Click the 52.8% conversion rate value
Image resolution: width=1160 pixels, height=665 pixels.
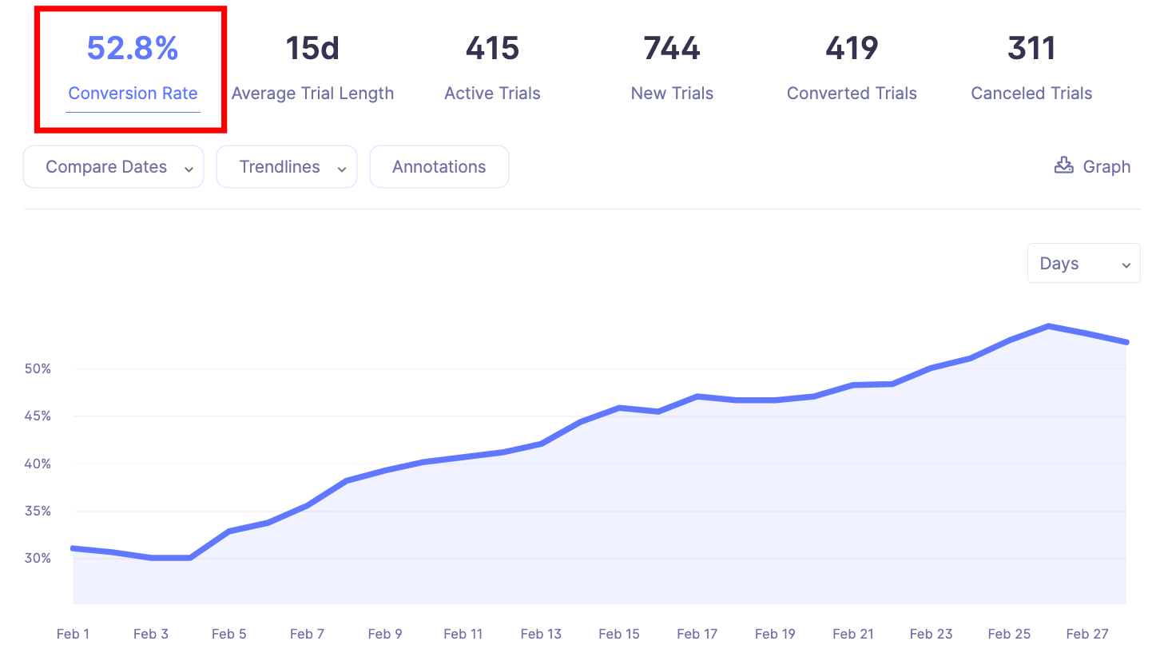tap(133, 49)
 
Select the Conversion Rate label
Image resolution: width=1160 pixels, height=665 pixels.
tap(133, 94)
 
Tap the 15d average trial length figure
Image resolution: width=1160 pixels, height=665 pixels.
tap(312, 49)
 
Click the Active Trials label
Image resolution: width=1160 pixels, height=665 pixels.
tap(492, 94)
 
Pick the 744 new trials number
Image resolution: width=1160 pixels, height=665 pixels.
tap(672, 49)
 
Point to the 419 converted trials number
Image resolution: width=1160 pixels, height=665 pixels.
tap(852, 49)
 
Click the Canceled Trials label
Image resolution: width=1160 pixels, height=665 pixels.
tap(1031, 94)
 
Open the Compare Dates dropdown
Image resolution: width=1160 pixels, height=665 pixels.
tap(113, 167)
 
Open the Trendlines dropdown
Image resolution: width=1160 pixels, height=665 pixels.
tap(286, 167)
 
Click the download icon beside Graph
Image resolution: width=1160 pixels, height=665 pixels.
tap(1063, 165)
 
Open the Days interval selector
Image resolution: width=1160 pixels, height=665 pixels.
tap(1083, 264)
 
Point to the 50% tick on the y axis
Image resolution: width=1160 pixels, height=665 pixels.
tap(38, 369)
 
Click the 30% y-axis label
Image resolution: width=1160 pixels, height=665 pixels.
tap(38, 558)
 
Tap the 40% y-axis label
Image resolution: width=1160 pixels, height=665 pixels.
tap(38, 464)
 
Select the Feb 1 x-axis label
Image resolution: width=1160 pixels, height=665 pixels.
tap(73, 634)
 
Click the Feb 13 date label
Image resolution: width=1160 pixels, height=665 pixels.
tap(541, 634)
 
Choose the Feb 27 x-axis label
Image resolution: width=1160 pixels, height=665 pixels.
tap(1087, 634)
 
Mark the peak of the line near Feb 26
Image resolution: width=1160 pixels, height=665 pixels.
tap(1048, 326)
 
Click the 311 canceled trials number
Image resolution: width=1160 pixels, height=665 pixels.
tap(1031, 49)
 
